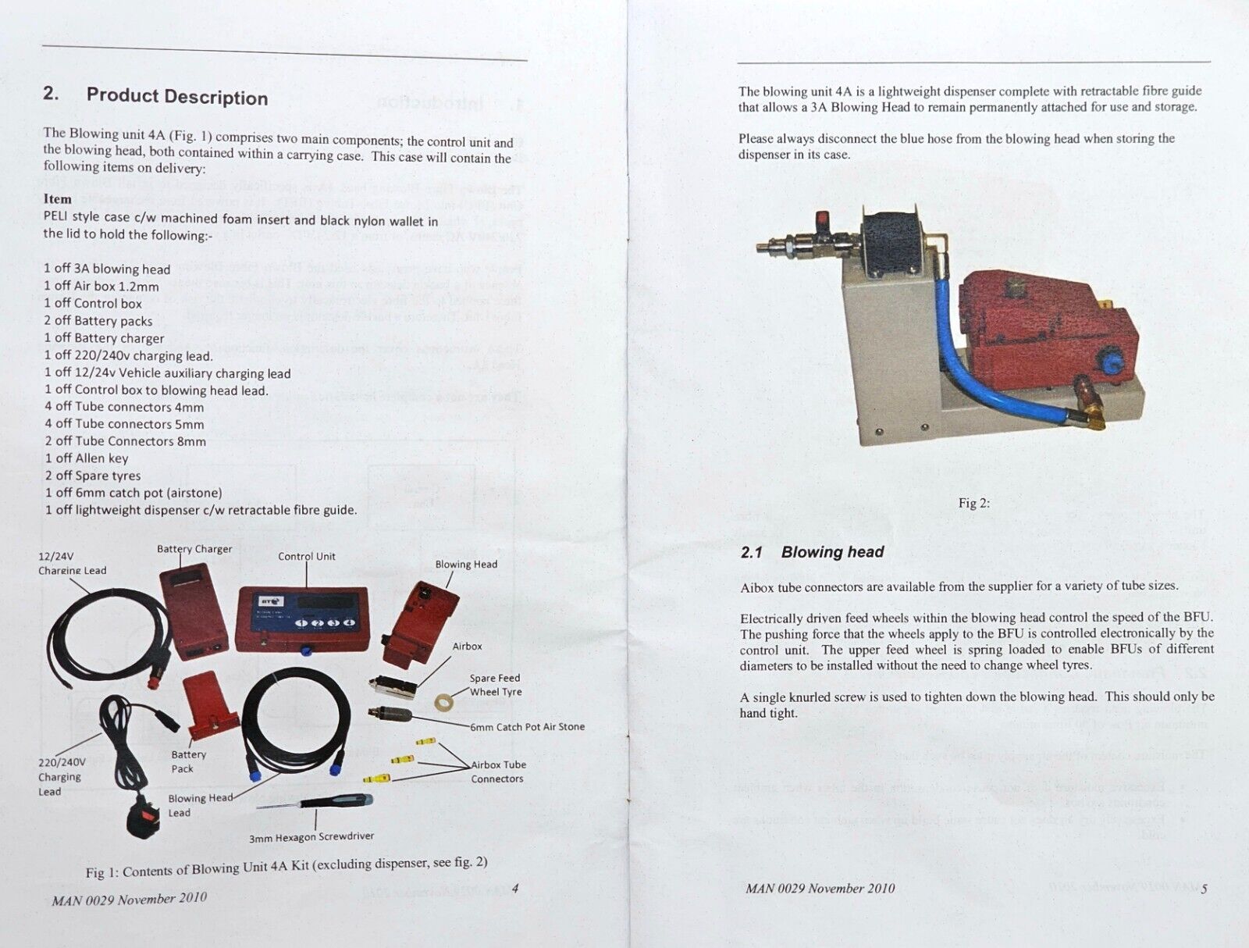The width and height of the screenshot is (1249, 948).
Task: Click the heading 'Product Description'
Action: coord(176,97)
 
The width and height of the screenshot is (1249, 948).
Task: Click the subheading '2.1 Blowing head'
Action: coord(812,552)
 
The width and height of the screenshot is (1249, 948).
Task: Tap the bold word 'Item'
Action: coord(57,198)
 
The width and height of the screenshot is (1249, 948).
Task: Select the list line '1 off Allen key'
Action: coord(87,458)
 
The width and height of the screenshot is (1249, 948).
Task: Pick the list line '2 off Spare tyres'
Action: coord(93,476)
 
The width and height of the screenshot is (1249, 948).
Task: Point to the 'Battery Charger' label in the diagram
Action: coord(194,549)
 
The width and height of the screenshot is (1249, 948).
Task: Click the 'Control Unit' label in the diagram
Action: coord(307,557)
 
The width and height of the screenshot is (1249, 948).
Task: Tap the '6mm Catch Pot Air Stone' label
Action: coord(527,727)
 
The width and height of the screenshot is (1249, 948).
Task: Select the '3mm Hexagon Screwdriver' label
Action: coord(311,837)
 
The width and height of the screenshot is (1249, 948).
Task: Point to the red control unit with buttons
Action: coord(302,617)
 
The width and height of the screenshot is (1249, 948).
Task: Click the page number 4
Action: coord(515,887)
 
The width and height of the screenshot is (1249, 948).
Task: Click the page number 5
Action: coord(1205,889)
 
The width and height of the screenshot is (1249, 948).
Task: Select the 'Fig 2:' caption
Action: coord(973,503)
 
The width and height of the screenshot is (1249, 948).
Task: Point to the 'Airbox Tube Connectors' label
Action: coord(498,772)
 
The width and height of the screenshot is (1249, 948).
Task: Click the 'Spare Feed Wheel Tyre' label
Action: coord(495,685)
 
